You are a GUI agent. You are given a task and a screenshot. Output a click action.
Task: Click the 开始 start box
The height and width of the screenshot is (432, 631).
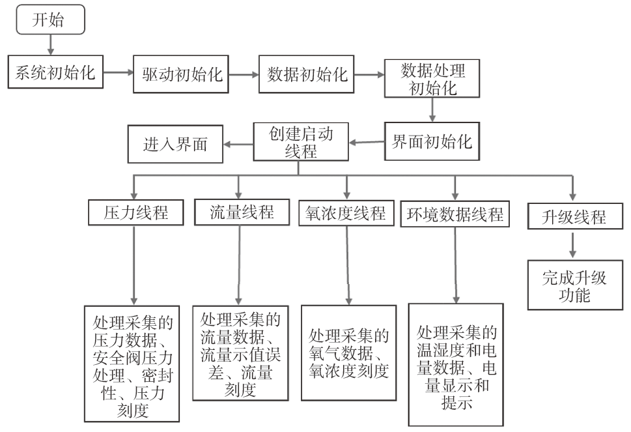click(x=50, y=20)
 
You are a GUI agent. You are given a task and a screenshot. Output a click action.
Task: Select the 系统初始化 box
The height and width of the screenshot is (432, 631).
click(x=55, y=73)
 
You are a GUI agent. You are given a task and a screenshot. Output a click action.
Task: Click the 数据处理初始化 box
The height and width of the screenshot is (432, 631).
click(x=433, y=79)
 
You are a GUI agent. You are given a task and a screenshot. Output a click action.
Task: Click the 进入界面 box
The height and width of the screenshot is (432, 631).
click(x=175, y=143)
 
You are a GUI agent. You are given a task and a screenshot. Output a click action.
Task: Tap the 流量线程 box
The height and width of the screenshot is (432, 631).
click(x=242, y=212)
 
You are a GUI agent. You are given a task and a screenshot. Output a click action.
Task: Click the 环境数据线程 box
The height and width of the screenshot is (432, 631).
click(x=455, y=213)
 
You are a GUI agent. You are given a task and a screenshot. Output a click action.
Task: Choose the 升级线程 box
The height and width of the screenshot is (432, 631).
click(x=574, y=216)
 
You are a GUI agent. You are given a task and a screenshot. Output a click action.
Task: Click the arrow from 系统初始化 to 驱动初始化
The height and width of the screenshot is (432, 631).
click(x=119, y=74)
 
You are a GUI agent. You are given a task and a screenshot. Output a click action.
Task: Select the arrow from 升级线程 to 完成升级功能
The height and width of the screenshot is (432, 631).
click(x=574, y=246)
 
